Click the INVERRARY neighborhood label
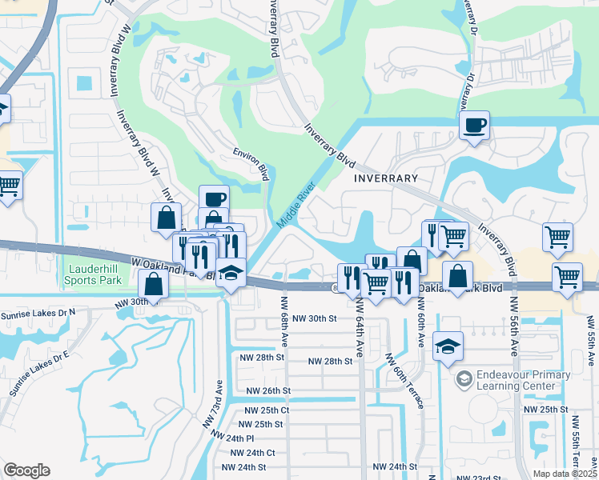click(386, 178)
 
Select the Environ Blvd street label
click(250, 162)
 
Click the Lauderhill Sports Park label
click(94, 274)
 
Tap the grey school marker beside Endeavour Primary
click(464, 377)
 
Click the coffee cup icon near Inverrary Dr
click(475, 125)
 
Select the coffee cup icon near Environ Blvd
click(213, 199)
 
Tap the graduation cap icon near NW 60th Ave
click(448, 346)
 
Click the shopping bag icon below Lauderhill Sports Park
click(152, 283)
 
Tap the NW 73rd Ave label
click(215, 400)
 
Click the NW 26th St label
click(267, 390)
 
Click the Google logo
click(26, 470)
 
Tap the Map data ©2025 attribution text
click(565, 474)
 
